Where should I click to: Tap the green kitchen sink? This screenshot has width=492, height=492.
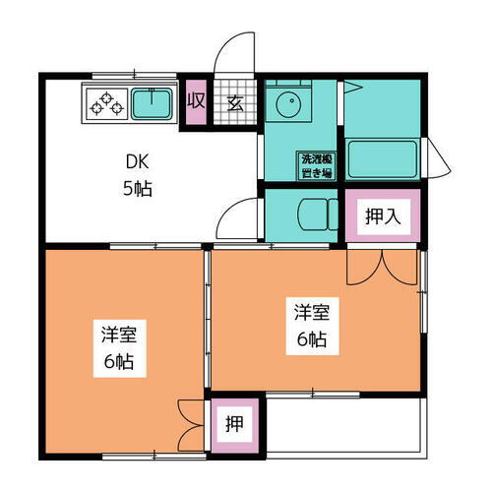[x=152, y=102]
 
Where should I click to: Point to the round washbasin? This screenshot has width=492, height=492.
[x=289, y=105]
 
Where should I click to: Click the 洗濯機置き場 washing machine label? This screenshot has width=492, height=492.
[x=315, y=163]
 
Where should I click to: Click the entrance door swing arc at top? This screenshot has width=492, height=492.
[x=237, y=54]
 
